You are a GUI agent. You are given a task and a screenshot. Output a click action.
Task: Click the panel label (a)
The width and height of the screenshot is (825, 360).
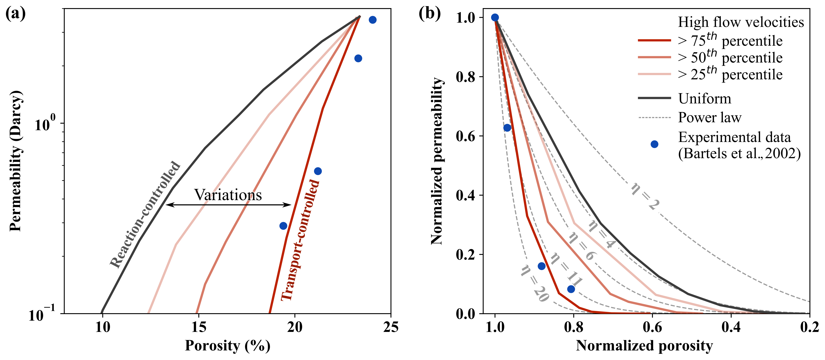(x=15, y=14)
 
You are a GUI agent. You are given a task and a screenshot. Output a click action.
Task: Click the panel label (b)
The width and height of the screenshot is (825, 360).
(x=429, y=14)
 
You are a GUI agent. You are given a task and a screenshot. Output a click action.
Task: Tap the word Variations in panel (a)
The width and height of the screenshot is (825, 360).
(x=228, y=195)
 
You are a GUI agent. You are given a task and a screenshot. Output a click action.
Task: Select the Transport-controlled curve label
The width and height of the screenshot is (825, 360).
(x=300, y=240)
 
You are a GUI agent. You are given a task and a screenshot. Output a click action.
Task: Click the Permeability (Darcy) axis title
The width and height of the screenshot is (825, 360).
(x=15, y=161)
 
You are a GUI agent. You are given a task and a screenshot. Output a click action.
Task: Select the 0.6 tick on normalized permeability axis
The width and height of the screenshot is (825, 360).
(x=465, y=136)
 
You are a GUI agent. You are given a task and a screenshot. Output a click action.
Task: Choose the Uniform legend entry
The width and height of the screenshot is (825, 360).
(x=705, y=98)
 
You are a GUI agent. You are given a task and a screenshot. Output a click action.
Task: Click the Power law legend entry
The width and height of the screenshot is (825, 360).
(x=709, y=117)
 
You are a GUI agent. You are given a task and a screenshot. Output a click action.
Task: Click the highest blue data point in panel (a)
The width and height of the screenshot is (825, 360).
(x=373, y=20)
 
